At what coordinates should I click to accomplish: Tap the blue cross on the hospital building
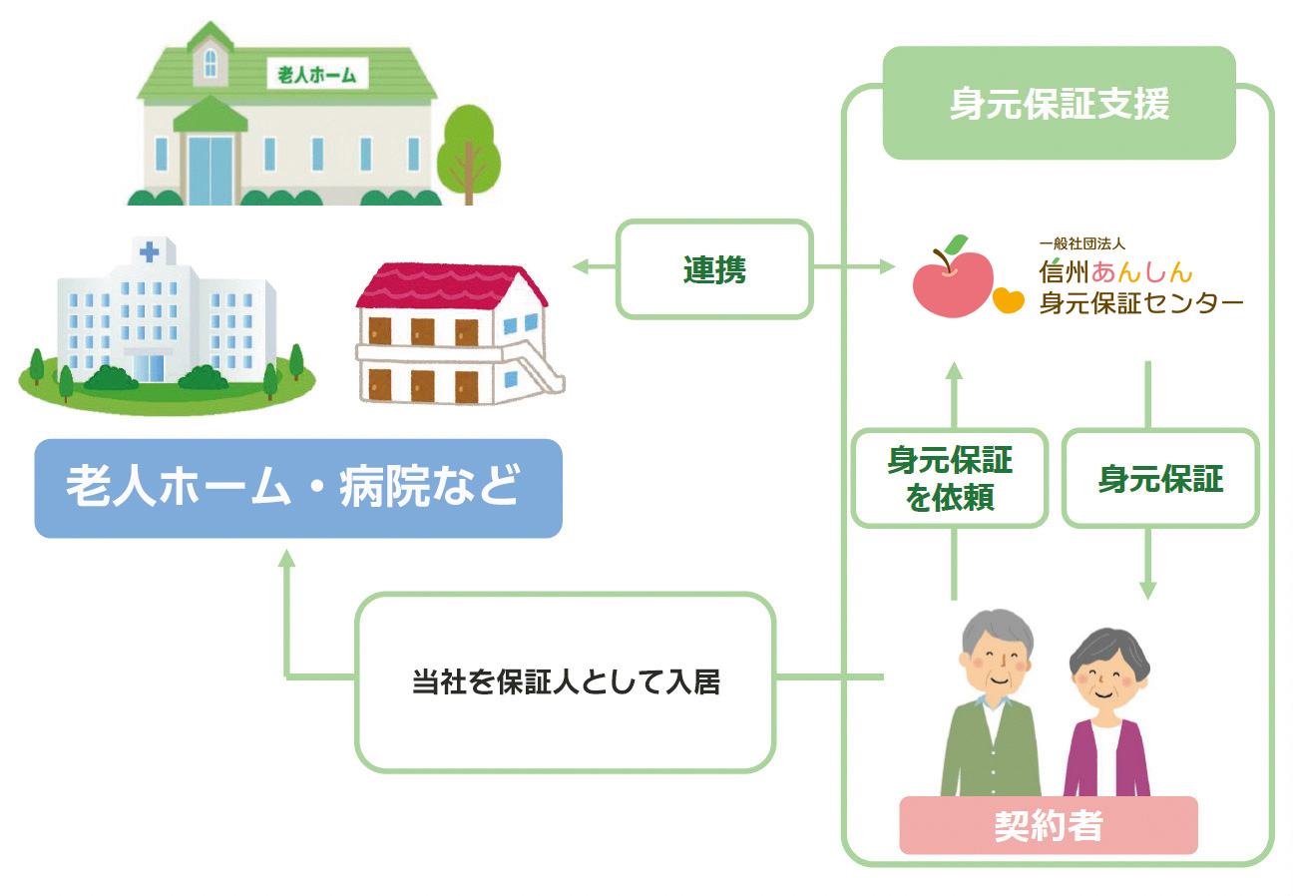[149, 252]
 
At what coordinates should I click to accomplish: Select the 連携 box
[714, 269]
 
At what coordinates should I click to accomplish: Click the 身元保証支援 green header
[1059, 104]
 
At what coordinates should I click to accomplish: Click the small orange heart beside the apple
[1009, 299]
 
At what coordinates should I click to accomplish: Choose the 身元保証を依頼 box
[950, 478]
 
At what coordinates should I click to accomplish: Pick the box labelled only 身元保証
[1160, 479]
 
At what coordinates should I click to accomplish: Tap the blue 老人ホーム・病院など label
[297, 489]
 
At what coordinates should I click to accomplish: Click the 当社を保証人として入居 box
[565, 682]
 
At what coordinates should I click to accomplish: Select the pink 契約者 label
[1048, 825]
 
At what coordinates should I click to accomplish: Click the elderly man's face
[994, 658]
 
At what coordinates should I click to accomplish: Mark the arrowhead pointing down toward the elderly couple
[1147, 590]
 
